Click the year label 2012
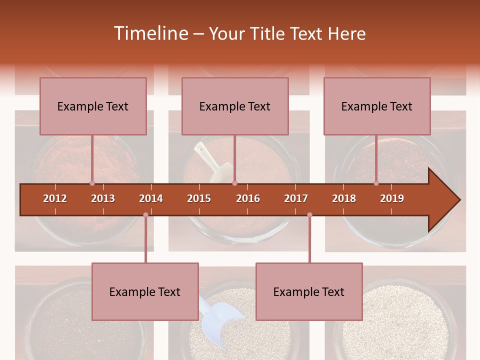coord(55,198)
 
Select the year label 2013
coord(103,198)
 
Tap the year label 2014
coord(151,198)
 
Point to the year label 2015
coord(199,198)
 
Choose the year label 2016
coord(248,198)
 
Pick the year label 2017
coord(296,198)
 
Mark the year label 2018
coord(344,198)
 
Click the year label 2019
coord(392,198)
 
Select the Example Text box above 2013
coord(93,106)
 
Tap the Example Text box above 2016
coord(235,106)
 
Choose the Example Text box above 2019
coord(377,106)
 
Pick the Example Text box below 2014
coord(145,291)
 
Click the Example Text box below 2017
coord(309,291)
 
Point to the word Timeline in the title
coord(150,33)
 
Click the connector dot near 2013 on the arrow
coord(92,183)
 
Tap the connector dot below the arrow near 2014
coord(145,215)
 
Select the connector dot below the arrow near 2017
coord(309,215)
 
